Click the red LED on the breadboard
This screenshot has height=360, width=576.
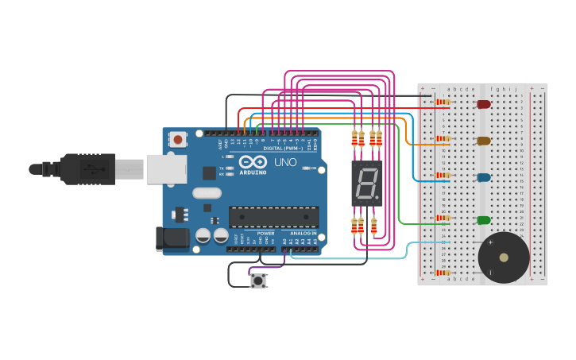coord(483,104)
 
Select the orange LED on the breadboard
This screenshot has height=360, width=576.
coord(483,141)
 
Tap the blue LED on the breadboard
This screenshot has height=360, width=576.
coord(483,177)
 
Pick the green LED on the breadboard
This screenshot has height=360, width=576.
coord(483,219)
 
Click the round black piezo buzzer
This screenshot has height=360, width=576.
coord(503,257)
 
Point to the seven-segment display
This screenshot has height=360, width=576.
coord(366,184)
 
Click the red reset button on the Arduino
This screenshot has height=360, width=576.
coord(178,140)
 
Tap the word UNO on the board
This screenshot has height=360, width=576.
coord(285,162)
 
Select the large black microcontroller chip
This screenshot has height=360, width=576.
coord(273,217)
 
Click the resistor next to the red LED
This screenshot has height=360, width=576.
coord(443,102)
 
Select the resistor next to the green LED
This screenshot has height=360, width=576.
coord(443,218)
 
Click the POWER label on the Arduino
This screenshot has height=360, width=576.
coord(265,233)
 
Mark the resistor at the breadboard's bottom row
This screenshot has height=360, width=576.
coord(443,272)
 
